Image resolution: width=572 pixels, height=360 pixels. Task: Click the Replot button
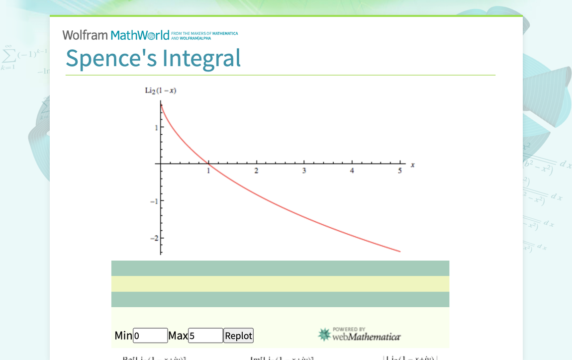click(238, 336)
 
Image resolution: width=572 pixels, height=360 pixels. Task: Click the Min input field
click(150, 336)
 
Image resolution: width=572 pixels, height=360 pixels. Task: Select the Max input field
click(205, 336)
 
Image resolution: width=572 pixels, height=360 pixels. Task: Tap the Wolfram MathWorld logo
click(116, 35)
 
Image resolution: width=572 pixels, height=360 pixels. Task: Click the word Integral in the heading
click(201, 58)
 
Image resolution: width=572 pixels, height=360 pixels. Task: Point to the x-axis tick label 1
click(208, 171)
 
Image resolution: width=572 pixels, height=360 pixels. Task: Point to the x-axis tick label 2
click(256, 171)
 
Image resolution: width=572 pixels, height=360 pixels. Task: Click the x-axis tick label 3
click(304, 171)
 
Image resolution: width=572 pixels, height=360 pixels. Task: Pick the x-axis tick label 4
click(352, 171)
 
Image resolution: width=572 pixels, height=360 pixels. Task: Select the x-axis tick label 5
click(399, 171)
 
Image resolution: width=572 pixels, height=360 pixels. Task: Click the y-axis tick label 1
click(156, 127)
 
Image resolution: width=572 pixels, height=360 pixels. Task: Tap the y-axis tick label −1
click(154, 201)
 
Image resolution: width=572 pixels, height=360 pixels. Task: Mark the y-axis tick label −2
click(154, 238)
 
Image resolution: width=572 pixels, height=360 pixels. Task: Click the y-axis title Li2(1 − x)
click(161, 90)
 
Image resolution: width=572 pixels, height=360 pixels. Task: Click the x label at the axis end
click(413, 165)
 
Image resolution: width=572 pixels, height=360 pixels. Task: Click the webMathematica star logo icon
click(324, 335)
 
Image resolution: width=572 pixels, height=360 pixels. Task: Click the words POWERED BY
click(349, 329)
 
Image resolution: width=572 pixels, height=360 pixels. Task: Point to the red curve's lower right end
click(400, 252)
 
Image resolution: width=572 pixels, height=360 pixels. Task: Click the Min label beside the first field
click(123, 336)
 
